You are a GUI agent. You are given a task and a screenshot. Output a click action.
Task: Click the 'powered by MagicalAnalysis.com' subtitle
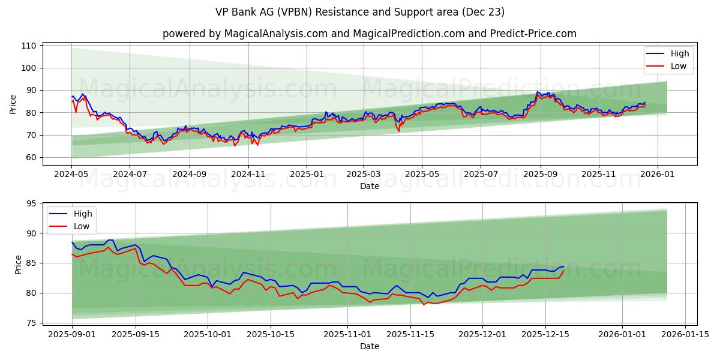tap(369, 34)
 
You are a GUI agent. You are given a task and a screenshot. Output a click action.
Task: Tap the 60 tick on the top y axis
tap(29, 157)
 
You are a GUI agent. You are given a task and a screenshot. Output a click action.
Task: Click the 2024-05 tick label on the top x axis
tap(71, 174)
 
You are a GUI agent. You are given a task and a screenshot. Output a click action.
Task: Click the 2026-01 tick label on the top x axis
tap(657, 174)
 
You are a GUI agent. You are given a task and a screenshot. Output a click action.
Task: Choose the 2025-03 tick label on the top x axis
tap(363, 174)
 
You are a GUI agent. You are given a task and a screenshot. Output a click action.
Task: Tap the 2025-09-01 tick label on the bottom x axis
tap(72, 334)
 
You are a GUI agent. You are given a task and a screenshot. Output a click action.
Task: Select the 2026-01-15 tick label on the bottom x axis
tap(685, 334)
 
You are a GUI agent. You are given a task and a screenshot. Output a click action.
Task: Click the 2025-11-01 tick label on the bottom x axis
tap(347, 334)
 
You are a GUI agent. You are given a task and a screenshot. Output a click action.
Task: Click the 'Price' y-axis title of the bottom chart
tap(18, 265)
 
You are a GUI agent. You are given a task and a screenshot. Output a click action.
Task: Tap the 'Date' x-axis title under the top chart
tap(369, 186)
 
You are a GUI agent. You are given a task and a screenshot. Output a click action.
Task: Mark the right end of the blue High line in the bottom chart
tap(563, 266)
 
